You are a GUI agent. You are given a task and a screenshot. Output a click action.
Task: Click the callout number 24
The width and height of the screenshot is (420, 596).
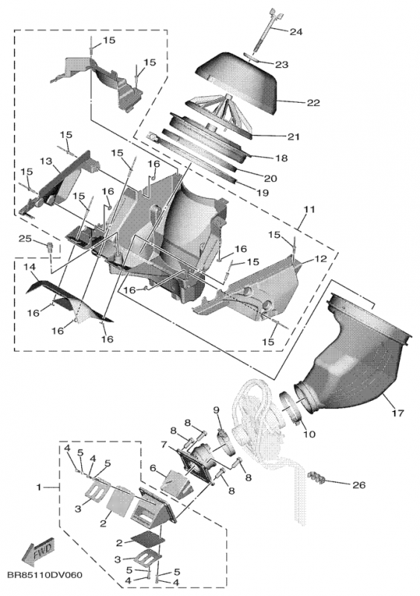click(296, 31)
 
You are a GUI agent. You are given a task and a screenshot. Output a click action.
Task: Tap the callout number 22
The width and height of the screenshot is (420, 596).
click(314, 103)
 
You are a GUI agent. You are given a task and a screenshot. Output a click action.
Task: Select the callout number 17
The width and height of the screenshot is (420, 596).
click(398, 413)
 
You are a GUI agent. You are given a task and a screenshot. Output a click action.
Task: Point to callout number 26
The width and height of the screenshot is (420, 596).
click(359, 485)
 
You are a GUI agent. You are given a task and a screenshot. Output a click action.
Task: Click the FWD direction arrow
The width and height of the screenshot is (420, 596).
click(38, 551)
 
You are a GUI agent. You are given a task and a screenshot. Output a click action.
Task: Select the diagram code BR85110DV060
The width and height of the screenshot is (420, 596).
click(44, 575)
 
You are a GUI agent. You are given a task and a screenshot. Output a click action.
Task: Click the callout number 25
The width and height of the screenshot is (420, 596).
click(25, 238)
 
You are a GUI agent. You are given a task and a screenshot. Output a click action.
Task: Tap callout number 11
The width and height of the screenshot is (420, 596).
click(310, 209)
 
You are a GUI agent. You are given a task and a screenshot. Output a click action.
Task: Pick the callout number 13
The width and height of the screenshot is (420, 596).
click(46, 162)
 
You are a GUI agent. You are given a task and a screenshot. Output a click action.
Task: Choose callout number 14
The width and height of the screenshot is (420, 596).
click(29, 267)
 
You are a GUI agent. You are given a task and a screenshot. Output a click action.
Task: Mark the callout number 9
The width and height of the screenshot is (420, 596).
click(216, 410)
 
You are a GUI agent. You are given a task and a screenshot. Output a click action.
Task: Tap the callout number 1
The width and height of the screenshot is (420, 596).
click(39, 487)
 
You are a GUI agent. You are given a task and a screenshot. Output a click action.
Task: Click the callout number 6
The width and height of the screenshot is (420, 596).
click(153, 469)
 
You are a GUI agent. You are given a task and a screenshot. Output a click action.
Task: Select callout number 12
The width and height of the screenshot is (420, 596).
click(321, 259)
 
